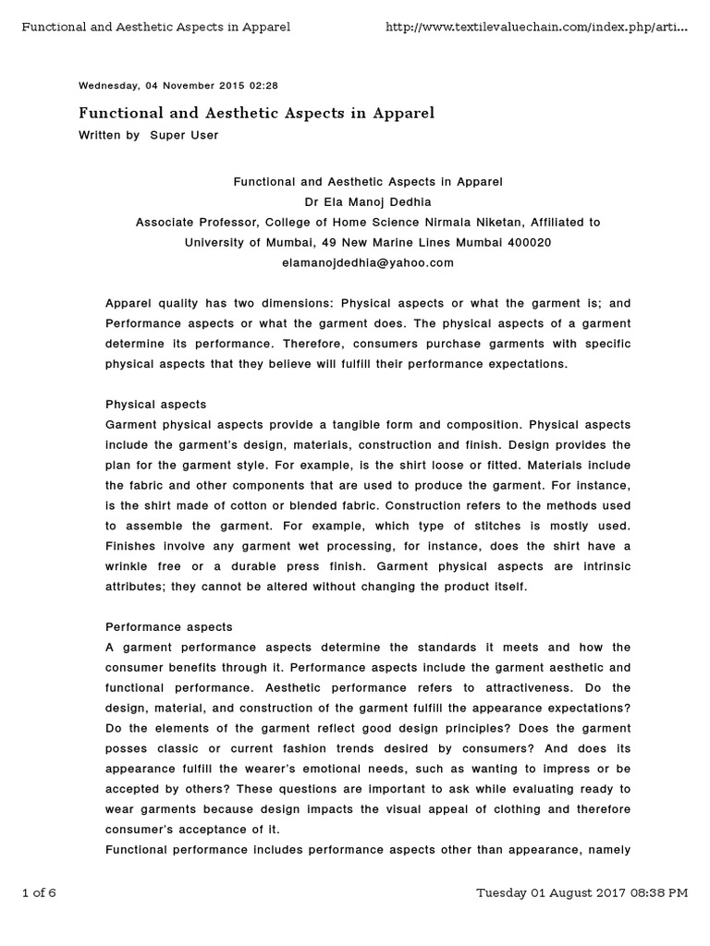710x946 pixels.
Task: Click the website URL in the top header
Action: (536, 27)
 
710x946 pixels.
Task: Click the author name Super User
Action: (184, 135)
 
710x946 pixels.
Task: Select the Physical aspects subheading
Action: (155, 405)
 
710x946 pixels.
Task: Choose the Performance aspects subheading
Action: (169, 627)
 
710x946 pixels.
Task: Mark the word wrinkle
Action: (130, 567)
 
